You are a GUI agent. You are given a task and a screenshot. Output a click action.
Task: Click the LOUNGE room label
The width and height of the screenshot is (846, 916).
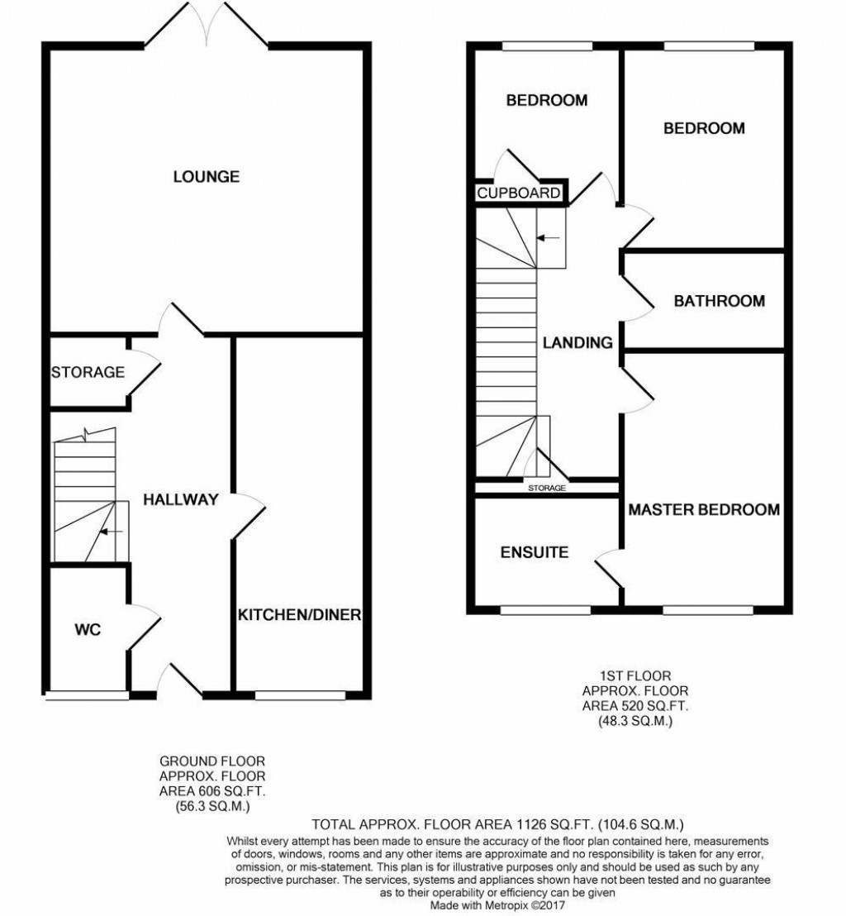[206, 176]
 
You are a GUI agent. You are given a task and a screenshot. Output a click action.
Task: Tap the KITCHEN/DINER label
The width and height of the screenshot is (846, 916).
[300, 615]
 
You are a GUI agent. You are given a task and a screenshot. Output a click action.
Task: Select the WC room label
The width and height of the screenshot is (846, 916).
[88, 630]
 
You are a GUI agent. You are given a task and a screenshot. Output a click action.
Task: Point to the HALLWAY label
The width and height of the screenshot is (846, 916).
[180, 499]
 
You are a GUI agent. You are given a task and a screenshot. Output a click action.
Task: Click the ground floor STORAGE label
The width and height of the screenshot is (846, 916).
[88, 372]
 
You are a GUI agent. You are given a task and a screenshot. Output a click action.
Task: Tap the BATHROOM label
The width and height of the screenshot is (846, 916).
[719, 301]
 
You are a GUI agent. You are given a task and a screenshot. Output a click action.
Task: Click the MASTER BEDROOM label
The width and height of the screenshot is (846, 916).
[704, 509]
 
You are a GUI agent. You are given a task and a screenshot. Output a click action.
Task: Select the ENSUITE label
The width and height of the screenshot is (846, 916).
[535, 552]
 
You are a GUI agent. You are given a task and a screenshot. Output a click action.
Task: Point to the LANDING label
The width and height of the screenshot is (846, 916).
[577, 342]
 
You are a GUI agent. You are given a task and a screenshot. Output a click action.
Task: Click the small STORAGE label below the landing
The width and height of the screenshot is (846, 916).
[547, 489]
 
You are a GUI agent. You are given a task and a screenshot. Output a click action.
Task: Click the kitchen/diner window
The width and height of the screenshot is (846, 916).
[299, 695]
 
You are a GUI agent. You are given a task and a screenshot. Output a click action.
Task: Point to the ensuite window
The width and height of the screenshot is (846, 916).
[545, 611]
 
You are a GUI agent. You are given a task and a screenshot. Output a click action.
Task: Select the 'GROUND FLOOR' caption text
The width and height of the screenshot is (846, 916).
[213, 761]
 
